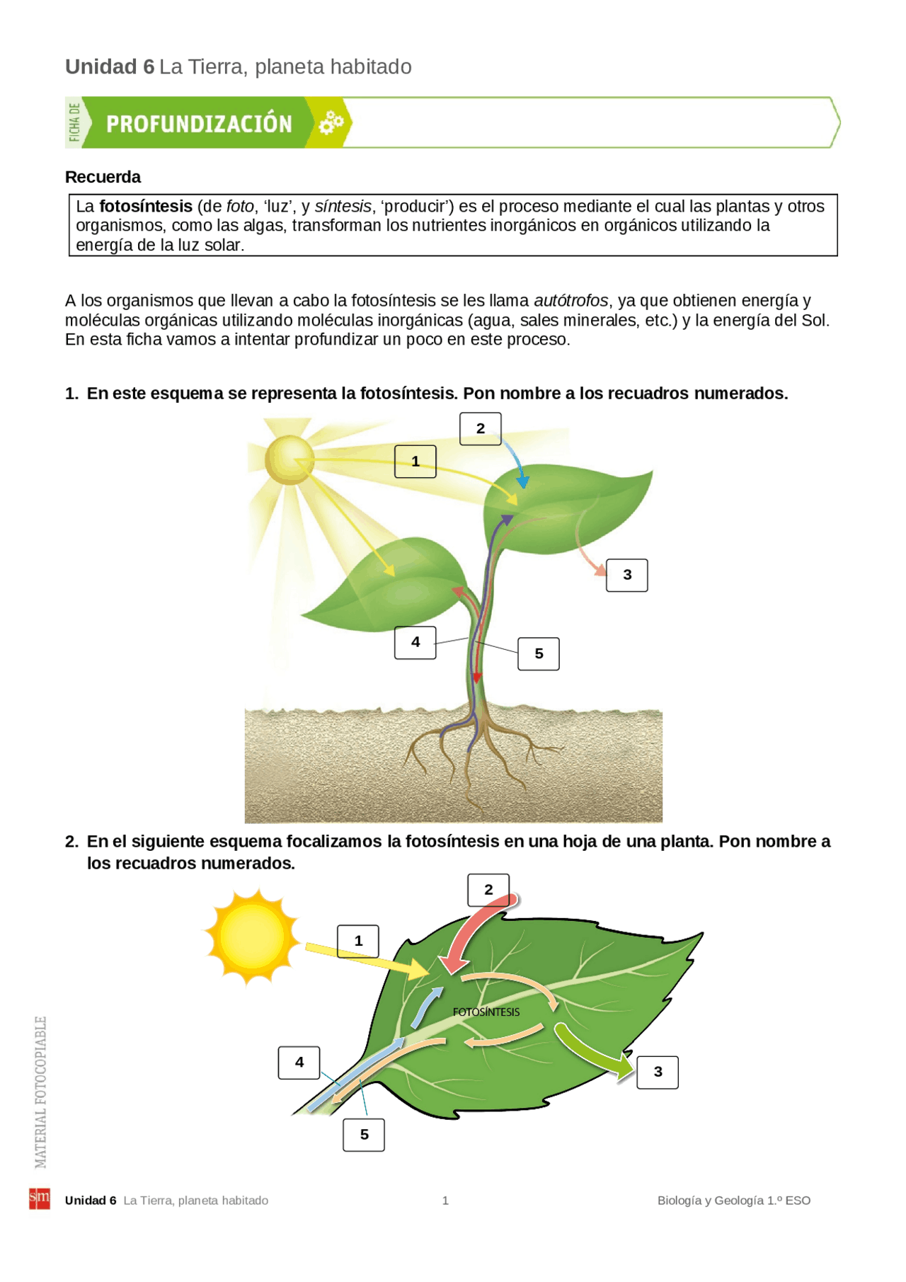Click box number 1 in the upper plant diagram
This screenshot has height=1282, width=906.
coord(415,462)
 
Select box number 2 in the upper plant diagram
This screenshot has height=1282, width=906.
coord(480,429)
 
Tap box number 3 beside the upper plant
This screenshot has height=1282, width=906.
coord(626,575)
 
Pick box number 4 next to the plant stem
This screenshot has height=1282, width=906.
coord(415,643)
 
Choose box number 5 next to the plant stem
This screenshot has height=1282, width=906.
coord(538,653)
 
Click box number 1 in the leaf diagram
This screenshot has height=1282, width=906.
coord(357,942)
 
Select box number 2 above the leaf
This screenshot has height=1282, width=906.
coord(488,890)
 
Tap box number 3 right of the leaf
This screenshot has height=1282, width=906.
coord(658,1072)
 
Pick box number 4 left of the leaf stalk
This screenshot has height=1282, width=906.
coord(299,1063)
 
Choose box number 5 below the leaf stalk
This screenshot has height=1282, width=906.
coord(364,1135)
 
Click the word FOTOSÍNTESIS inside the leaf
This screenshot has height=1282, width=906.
coord(486,1012)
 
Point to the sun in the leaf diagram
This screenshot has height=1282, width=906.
coord(252,937)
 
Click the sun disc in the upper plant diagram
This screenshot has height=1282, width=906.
coord(289,460)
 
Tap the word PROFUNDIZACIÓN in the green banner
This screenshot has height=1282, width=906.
coord(199,124)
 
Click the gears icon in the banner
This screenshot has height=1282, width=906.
coord(331,122)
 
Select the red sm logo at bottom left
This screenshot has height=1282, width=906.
coord(40,1198)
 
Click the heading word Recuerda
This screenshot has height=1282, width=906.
coord(103,177)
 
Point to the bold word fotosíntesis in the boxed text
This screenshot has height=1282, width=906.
coord(146,207)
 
